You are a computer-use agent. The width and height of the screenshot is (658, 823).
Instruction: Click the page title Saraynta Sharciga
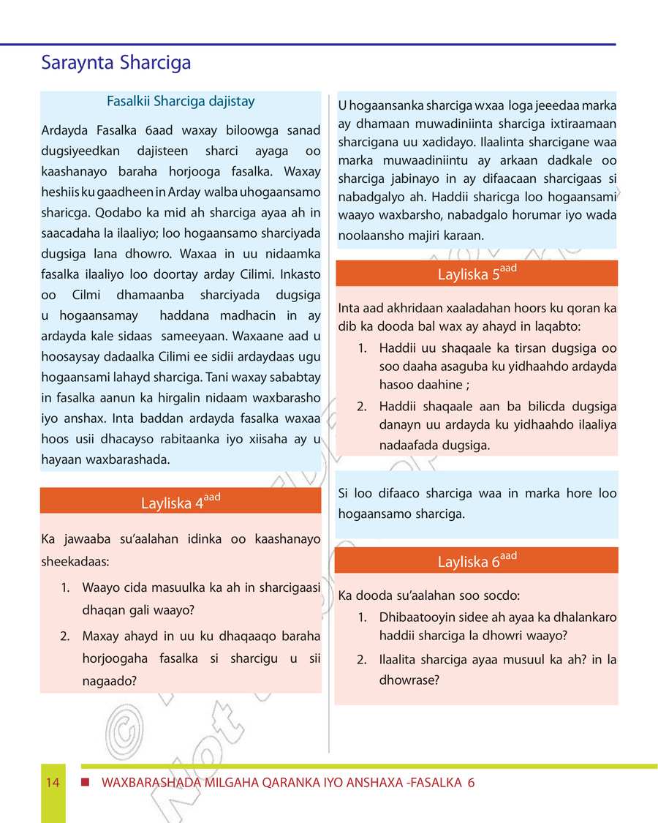tap(116, 63)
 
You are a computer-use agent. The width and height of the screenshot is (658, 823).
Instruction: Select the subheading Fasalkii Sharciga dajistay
tap(181, 102)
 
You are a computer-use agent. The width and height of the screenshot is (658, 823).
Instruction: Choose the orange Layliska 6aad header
tap(477, 561)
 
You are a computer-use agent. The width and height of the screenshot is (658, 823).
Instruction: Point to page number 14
tap(53, 783)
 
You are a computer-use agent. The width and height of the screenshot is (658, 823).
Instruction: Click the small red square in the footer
tap(86, 783)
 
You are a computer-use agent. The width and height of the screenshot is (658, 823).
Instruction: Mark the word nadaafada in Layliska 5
tap(409, 445)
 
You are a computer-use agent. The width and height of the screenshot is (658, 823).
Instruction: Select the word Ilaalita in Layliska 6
tap(399, 660)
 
